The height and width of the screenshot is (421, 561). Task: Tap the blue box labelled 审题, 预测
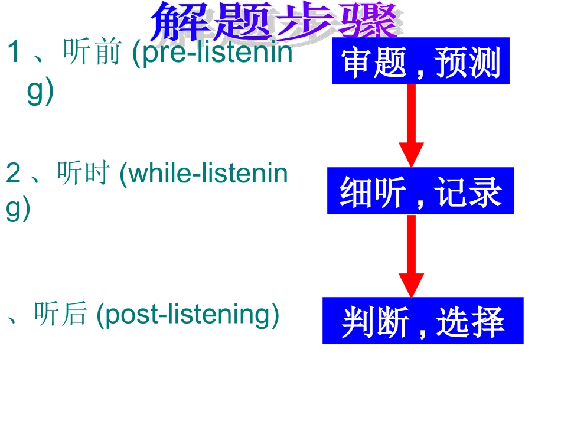420,61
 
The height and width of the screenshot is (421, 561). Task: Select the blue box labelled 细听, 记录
420,191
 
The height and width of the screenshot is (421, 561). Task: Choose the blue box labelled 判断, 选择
423,321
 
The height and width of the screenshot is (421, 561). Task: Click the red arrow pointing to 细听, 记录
411,125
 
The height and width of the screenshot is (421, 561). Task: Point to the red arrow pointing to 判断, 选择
411,255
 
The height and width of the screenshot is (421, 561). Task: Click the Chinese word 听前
89,54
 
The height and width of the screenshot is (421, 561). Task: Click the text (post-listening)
187,314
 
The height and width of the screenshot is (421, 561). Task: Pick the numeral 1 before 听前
14,54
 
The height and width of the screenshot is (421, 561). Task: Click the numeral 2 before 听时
13,174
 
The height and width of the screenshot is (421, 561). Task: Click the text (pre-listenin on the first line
211,54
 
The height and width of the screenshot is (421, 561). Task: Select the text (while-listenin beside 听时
203,174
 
